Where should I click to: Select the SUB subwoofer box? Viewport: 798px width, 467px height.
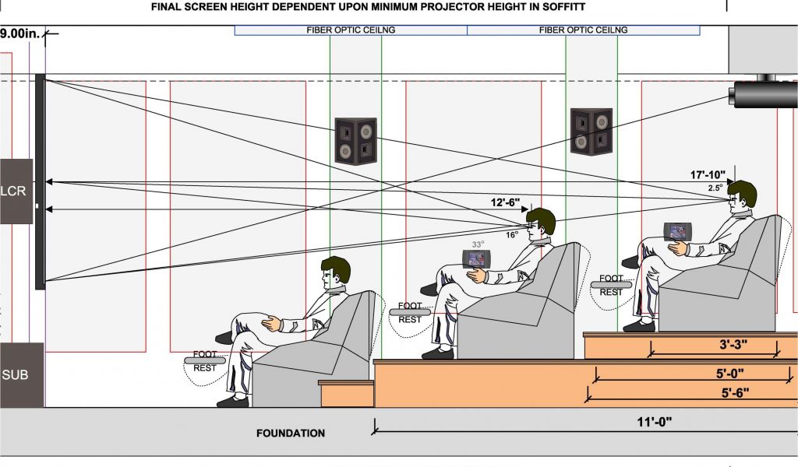(x=16, y=375)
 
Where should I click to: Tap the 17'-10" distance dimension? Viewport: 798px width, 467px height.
(x=707, y=174)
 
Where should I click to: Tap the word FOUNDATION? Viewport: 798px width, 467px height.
(x=291, y=434)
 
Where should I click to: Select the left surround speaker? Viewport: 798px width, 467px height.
(x=355, y=140)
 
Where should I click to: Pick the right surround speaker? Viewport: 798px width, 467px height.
(x=591, y=131)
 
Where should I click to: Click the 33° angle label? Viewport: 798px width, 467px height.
(x=477, y=244)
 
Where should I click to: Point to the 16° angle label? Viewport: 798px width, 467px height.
(x=512, y=234)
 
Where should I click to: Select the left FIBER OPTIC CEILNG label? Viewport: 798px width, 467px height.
(x=351, y=30)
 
